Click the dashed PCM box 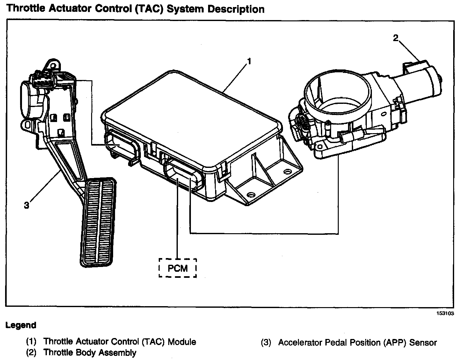[178, 268]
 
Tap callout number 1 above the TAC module [249, 61]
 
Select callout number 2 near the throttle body [395, 38]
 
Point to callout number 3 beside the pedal [26, 205]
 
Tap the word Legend [21, 326]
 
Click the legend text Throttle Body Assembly [90, 353]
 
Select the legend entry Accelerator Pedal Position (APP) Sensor [357, 343]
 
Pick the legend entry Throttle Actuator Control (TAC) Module [120, 342]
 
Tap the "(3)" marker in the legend [266, 343]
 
